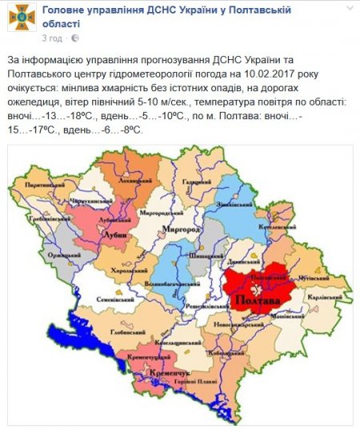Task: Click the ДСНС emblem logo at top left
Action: [x=21, y=18]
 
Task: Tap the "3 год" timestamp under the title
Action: [x=50, y=37]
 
